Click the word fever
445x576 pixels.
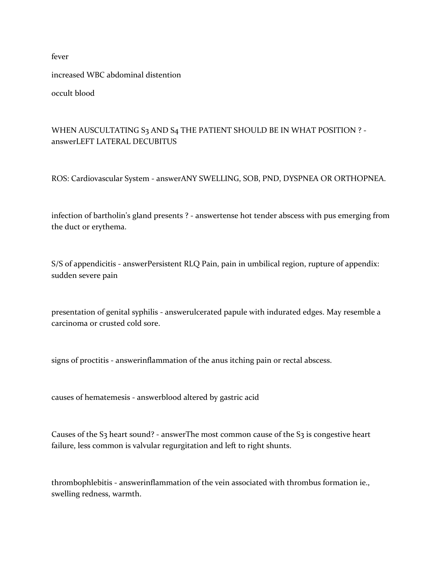coord(60,56)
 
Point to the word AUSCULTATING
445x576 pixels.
coord(104,130)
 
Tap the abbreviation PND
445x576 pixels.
coord(270,178)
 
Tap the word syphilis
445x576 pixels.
coord(145,312)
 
